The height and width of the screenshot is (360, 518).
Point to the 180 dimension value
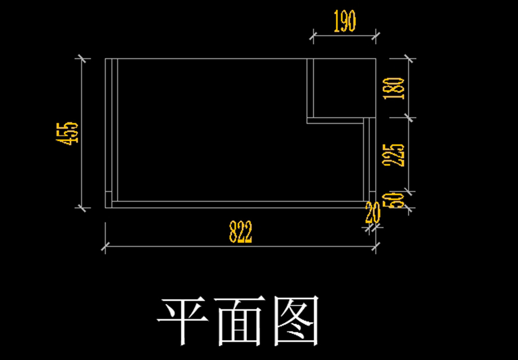click(x=397, y=88)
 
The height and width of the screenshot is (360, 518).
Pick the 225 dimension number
click(x=397, y=155)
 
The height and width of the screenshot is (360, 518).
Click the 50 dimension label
click(x=397, y=200)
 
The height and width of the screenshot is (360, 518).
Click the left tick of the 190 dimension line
click(x=313, y=37)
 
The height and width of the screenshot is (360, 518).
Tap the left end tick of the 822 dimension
click(x=105, y=247)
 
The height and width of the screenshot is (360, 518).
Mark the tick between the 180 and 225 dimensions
click(x=409, y=117)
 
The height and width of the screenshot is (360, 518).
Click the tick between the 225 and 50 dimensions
click(x=409, y=191)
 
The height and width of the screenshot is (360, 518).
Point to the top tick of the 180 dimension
click(x=409, y=58)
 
